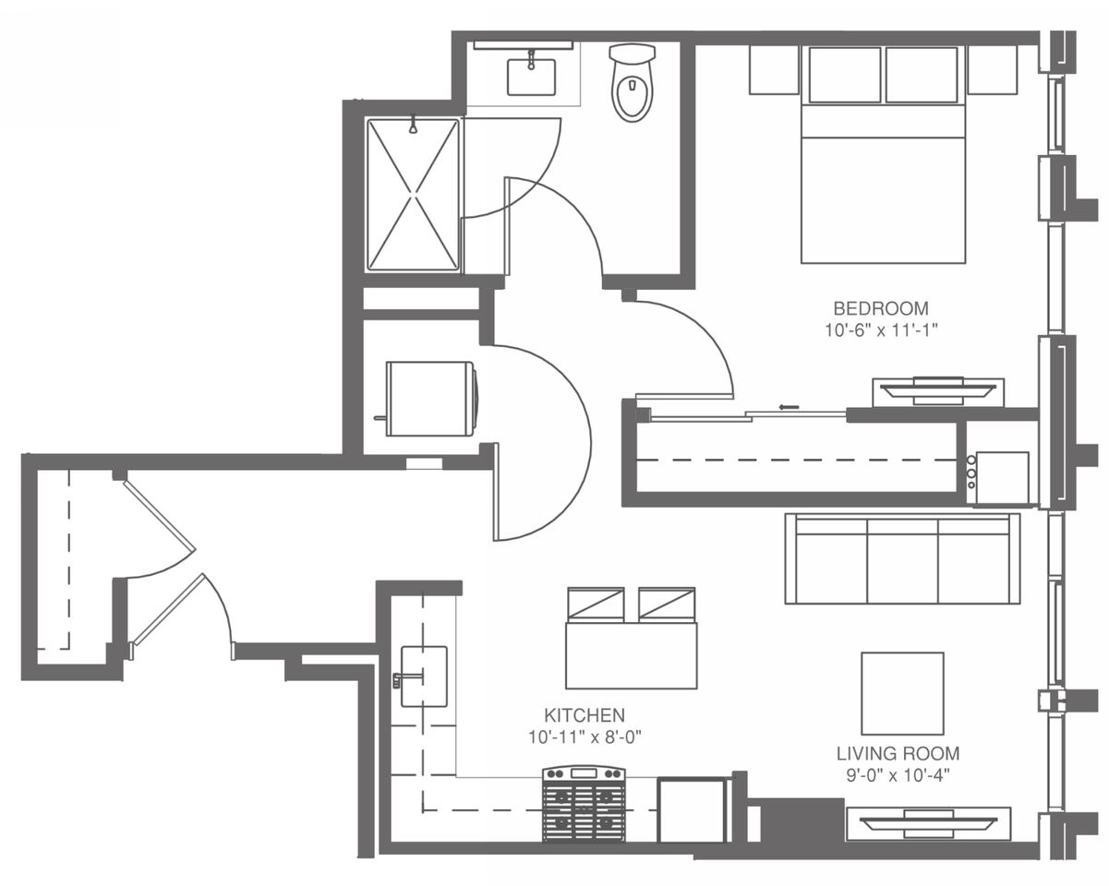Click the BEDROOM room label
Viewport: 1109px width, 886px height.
[881, 308]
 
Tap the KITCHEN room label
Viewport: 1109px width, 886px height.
[585, 715]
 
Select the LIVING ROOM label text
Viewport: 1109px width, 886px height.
[898, 754]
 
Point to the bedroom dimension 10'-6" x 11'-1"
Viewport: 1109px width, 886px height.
[881, 330]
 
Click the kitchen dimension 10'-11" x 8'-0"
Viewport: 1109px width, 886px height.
[585, 737]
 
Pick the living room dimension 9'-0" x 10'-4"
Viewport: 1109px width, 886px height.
[898, 775]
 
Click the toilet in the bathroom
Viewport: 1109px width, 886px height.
[633, 82]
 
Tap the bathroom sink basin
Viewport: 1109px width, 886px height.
[531, 77]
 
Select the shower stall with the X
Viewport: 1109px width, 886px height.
[413, 196]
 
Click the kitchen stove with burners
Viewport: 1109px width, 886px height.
[584, 804]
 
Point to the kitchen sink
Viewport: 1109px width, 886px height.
[424, 676]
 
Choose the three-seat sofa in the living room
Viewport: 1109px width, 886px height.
[902, 558]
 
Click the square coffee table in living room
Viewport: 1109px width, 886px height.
[902, 693]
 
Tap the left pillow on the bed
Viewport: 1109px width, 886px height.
[845, 75]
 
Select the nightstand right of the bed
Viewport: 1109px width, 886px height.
[992, 70]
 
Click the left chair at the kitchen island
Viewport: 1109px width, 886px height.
[596, 605]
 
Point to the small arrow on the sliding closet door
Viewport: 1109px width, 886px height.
[789, 407]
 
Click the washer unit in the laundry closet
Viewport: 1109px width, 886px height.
[431, 399]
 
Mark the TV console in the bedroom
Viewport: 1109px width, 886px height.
[938, 392]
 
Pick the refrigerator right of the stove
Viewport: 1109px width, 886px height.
[692, 810]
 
